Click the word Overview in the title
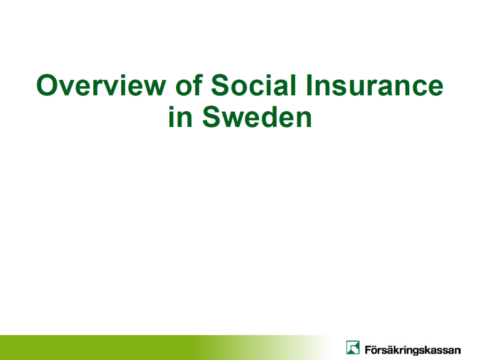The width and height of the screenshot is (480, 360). point(101,85)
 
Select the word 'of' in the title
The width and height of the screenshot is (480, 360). point(189,85)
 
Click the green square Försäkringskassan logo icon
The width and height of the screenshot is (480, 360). point(352,347)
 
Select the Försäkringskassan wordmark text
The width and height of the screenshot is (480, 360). point(412,350)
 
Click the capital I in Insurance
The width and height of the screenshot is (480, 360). point(308,85)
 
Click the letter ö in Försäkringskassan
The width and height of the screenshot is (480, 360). point(375,350)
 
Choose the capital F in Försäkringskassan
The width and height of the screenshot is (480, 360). point(367,349)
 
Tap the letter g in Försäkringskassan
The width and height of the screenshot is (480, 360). point(416,351)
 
